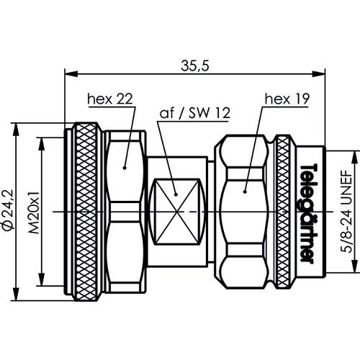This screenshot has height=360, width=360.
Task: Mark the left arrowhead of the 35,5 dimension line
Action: (x=69, y=73)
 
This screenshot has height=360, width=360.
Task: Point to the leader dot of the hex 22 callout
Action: (x=125, y=168)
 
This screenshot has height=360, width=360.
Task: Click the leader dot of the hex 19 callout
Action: (x=246, y=192)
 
